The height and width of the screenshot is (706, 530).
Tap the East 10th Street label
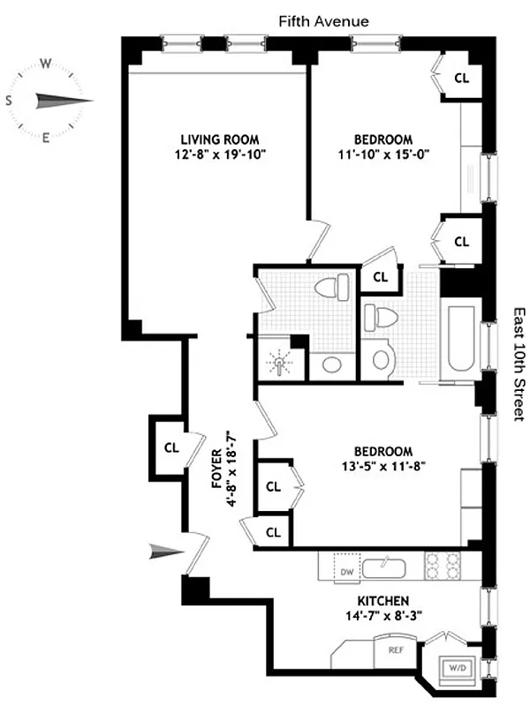pos(519,363)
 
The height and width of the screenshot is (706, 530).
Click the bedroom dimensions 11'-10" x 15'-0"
pos(383,154)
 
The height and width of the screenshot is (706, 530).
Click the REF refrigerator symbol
pos(397,649)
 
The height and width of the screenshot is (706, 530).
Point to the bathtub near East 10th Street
pos(462,339)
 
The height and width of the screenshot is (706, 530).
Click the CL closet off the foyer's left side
pos(171,447)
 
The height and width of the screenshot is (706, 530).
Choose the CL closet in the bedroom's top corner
pos(460,77)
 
